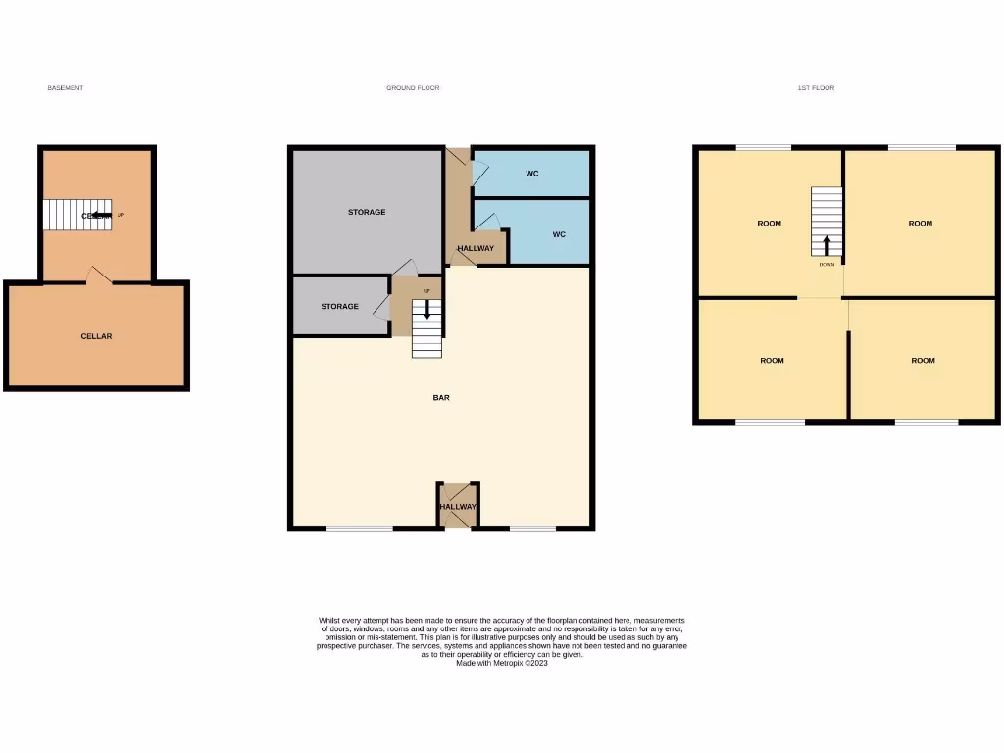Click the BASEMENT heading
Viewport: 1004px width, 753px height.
click(x=66, y=88)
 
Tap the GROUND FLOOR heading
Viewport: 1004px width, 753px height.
click(x=413, y=88)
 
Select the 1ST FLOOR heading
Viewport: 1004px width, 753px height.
click(x=816, y=88)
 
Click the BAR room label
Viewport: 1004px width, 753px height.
click(x=441, y=398)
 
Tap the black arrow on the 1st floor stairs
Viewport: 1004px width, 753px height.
click(x=827, y=244)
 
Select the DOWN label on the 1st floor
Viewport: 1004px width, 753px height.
click(x=827, y=264)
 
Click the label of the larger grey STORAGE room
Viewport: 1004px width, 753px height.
click(x=367, y=212)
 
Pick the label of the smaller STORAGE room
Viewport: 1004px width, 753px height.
click(x=340, y=307)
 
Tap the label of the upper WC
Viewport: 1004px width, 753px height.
click(x=531, y=174)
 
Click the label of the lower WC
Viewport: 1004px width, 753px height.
click(x=559, y=234)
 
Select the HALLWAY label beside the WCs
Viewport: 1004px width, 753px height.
click(x=476, y=248)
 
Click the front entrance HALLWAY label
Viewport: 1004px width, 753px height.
click(x=458, y=506)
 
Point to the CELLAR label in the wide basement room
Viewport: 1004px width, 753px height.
click(x=96, y=336)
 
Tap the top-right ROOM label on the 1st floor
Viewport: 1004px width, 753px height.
click(x=920, y=224)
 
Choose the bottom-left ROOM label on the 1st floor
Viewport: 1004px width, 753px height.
click(x=772, y=361)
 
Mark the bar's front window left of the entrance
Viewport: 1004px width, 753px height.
click(x=359, y=528)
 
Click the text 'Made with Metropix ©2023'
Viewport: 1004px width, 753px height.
click(x=501, y=663)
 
